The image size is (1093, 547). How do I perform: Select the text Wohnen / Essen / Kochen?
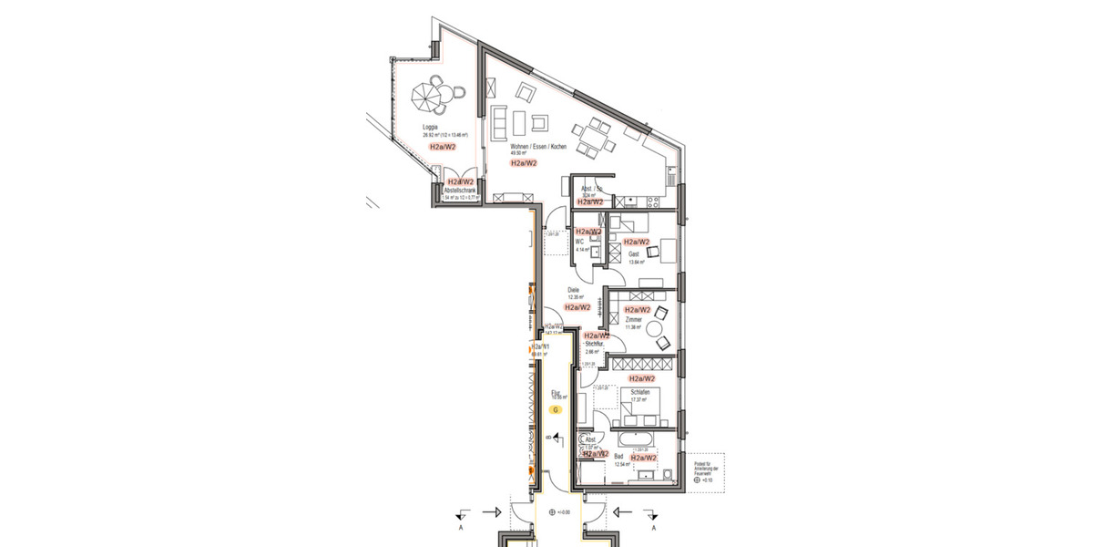533,146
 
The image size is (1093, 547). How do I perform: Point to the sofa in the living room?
499,122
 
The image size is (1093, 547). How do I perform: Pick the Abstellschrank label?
458,191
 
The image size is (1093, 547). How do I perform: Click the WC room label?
579,242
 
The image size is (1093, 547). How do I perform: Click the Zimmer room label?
633,320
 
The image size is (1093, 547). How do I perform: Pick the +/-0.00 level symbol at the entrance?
552,512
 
